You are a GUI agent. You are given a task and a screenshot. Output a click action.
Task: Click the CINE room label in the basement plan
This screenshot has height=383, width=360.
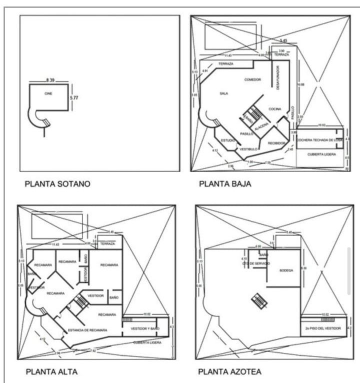(48, 93)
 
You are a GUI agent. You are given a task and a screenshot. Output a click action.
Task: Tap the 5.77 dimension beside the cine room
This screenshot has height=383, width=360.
(73, 98)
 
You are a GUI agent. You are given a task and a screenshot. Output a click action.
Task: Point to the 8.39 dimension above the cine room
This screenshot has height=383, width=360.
(50, 80)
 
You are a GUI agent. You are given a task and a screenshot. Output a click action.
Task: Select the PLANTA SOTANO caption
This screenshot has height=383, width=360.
(57, 183)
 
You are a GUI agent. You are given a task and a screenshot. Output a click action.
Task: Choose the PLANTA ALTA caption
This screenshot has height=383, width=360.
(51, 371)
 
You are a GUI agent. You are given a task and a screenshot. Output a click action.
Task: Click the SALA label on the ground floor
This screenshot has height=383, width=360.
(223, 93)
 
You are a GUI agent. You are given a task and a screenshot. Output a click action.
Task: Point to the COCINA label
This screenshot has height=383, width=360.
(275, 108)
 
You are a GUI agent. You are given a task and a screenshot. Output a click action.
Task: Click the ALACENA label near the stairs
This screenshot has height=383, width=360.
(261, 128)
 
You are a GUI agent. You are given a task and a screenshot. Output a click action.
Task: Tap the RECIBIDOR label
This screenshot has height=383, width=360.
(276, 143)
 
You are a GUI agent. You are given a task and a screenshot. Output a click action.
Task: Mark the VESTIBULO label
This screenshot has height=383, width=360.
(248, 149)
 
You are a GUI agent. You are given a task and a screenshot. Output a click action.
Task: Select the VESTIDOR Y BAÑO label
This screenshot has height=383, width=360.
(144, 328)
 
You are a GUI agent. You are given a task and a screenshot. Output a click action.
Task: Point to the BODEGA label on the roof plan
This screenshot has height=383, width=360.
(286, 270)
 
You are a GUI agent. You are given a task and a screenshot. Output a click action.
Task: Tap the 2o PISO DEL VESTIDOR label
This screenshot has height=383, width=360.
(323, 328)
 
